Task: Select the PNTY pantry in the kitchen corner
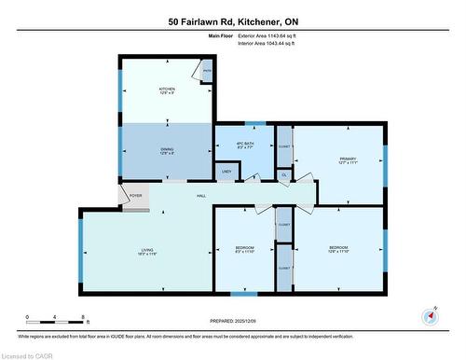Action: click(x=208, y=70)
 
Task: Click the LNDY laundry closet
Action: click(x=226, y=172)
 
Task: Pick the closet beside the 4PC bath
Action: click(x=285, y=146)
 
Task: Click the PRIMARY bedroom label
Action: click(x=349, y=159)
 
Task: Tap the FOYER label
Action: click(x=136, y=196)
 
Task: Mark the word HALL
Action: click(x=201, y=195)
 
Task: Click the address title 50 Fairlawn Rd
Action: click(x=234, y=21)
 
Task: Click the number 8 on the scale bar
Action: click(x=85, y=318)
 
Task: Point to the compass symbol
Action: click(x=430, y=315)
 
